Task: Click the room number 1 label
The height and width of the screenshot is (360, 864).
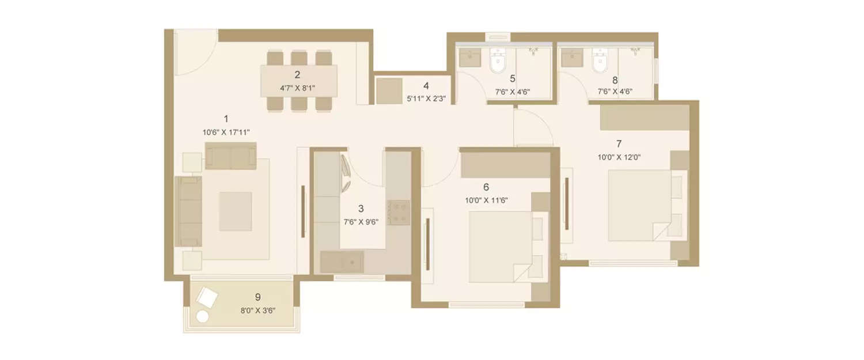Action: pos(226,119)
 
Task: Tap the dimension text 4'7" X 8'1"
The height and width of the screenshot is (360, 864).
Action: pos(297,88)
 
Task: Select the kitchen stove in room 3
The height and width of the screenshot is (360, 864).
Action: pos(398,212)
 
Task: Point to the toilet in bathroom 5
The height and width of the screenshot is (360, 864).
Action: pos(497,62)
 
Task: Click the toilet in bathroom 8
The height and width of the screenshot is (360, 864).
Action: pos(600,62)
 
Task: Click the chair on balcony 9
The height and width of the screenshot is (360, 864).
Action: pos(207,298)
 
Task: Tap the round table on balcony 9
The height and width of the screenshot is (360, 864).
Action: pos(202,316)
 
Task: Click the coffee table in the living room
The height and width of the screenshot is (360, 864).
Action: pos(235,211)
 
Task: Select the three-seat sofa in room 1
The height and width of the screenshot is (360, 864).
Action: pos(188,211)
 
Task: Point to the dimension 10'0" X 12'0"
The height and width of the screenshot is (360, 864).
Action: pos(619,156)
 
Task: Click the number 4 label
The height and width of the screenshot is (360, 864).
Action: pos(426,86)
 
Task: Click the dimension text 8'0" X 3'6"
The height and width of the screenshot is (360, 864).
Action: pos(257,310)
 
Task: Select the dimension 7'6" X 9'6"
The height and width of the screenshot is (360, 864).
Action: pos(361,222)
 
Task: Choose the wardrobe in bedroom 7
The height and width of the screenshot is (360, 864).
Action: pos(645,118)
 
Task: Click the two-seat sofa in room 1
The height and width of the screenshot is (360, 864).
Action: pos(230,156)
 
